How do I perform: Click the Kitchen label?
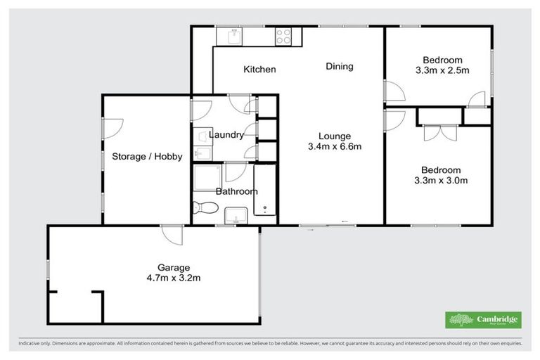(259, 70)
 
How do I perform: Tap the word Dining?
(339, 67)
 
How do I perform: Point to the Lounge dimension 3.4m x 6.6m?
(334, 147)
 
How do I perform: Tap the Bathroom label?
(236, 191)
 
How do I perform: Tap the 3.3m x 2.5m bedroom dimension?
(442, 70)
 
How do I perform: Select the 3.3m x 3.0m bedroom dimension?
(441, 181)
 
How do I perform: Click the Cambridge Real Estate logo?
(483, 319)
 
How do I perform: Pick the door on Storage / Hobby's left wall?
(112, 127)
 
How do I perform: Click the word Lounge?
(334, 136)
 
